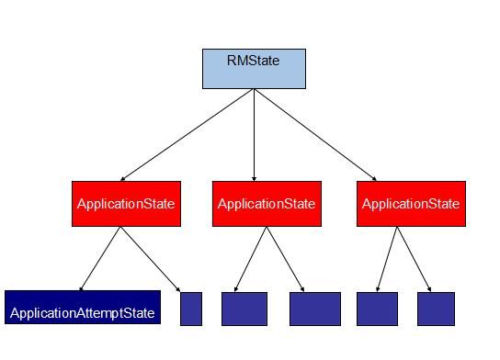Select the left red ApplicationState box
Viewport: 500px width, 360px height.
(125, 203)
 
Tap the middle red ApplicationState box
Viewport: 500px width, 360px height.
(267, 203)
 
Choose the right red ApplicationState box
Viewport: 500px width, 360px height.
(411, 203)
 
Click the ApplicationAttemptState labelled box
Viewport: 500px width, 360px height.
(82, 308)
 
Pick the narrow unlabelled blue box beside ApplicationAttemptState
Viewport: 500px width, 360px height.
(191, 309)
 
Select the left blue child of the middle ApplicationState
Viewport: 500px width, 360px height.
(244, 309)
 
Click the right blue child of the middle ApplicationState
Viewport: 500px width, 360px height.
(314, 309)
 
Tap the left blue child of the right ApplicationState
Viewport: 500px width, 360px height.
(377, 309)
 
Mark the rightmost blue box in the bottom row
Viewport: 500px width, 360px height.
(436, 309)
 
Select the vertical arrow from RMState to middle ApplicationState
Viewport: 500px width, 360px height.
(254, 134)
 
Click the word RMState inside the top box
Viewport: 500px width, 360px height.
(253, 62)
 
